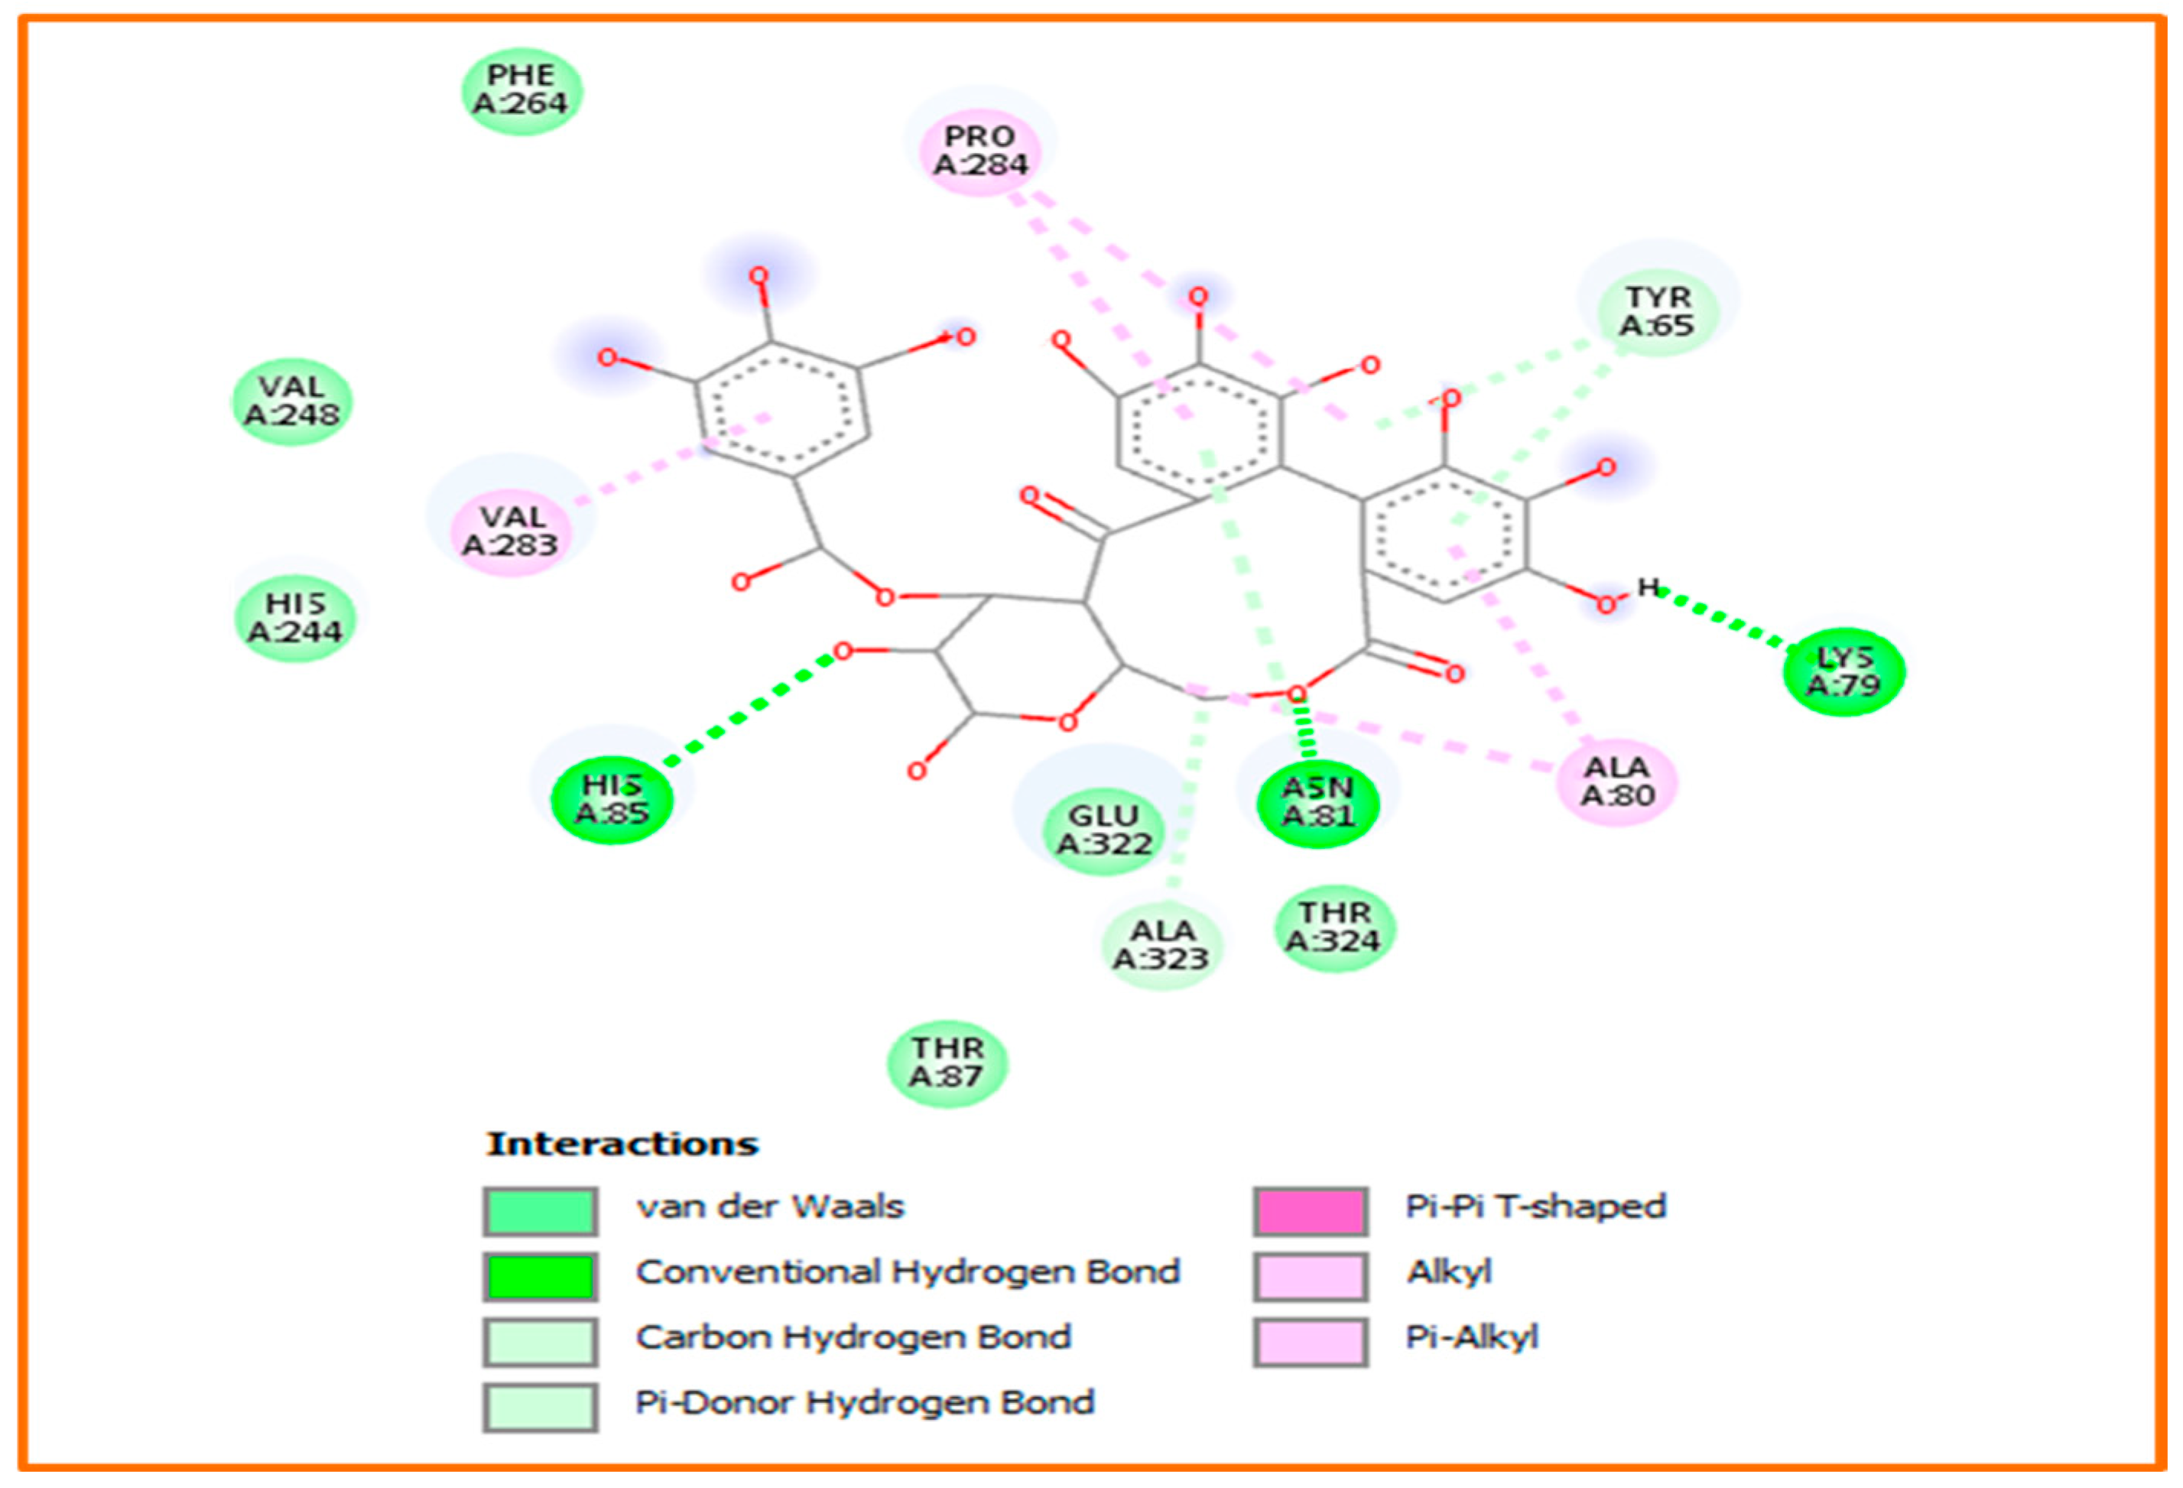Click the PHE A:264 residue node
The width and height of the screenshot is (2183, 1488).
521,91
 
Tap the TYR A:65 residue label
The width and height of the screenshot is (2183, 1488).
1657,311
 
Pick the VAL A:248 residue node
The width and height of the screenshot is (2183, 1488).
292,401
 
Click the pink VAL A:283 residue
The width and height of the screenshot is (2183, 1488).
511,531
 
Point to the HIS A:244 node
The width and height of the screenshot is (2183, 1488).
295,618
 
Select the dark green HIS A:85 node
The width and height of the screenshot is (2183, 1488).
612,799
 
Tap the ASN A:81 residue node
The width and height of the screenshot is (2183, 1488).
1318,801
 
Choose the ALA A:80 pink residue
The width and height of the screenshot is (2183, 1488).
1616,781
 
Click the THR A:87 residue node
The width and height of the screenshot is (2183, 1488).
947,1062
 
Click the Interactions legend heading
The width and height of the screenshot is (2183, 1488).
622,1144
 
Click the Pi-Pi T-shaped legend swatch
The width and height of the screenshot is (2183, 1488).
1310,1211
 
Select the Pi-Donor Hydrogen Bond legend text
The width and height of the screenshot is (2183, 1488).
864,1402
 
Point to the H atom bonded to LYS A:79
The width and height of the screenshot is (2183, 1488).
1648,587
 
